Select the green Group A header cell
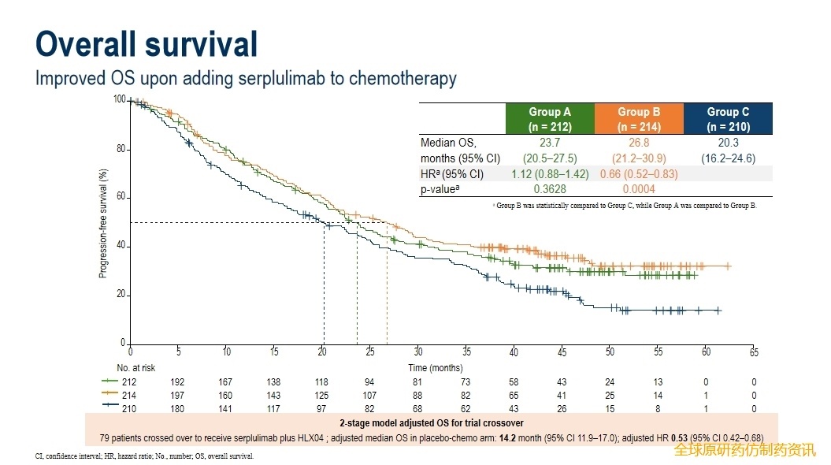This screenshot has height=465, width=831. click(550, 119)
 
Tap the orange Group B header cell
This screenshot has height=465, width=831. click(639, 119)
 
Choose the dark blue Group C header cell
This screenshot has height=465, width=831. click(728, 119)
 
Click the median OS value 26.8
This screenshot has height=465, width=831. click(639, 143)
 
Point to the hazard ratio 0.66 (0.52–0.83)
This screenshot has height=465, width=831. click(639, 173)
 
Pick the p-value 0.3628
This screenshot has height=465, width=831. click(550, 189)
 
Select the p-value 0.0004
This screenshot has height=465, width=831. click(639, 189)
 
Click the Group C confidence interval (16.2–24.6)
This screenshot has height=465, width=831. click(728, 158)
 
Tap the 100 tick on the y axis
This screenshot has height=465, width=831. click(119, 99)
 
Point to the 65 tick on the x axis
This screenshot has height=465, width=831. click(754, 352)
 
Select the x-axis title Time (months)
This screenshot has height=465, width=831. click(436, 368)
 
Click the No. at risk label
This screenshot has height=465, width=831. click(136, 368)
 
